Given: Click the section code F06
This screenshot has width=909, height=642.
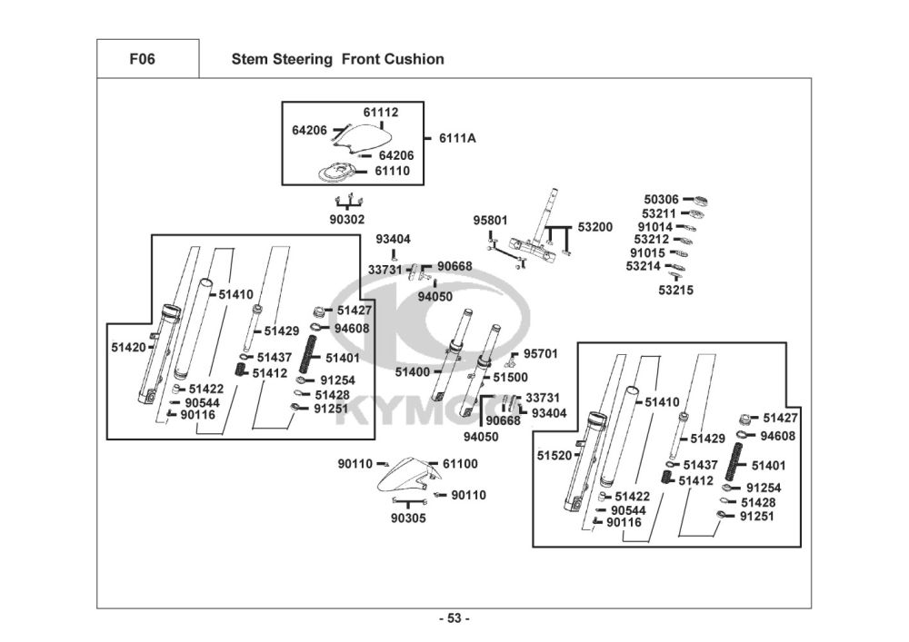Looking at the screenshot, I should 142,59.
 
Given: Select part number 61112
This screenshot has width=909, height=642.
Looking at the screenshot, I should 381,113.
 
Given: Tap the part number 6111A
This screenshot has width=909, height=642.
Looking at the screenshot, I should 457,138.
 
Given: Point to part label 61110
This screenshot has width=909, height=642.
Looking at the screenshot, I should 393,171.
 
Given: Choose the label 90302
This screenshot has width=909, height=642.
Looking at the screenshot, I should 346,219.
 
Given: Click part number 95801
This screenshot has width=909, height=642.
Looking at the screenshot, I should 490,221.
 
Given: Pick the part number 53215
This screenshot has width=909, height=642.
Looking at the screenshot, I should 675,290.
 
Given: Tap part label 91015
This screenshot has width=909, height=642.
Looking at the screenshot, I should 648,252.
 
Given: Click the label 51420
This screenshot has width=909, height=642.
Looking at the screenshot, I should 129,347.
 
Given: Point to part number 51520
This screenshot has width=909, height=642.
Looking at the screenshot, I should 554,455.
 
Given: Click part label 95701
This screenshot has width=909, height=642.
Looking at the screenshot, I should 540,353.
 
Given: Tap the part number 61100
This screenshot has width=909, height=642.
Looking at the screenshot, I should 460,464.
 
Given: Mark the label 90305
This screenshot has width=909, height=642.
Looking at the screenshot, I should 408,518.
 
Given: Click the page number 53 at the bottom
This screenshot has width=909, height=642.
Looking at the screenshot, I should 454,618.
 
